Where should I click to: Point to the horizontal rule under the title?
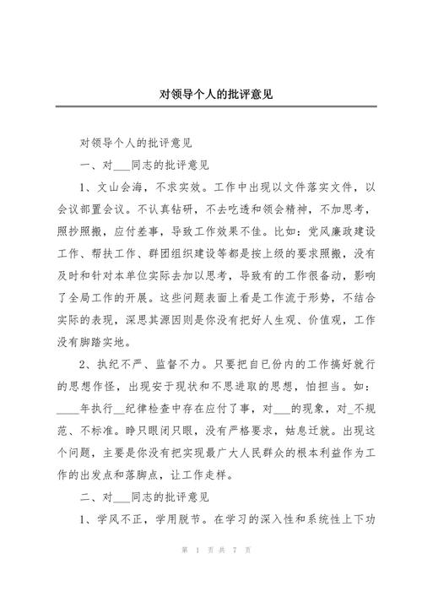click(x=211, y=106)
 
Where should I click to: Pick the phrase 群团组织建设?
click(x=181, y=251)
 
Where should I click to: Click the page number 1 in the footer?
click(x=195, y=573)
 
